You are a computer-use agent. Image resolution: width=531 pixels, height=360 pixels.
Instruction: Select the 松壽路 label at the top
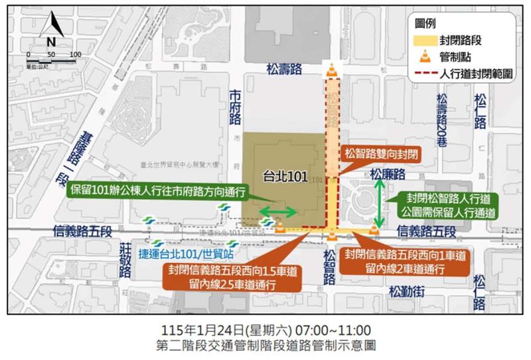click(284, 67)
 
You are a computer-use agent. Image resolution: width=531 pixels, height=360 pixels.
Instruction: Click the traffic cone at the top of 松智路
click(332, 69)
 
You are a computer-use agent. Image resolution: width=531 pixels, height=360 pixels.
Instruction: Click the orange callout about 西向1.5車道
click(234, 277)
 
